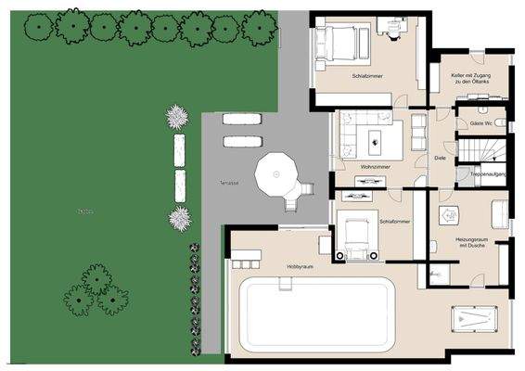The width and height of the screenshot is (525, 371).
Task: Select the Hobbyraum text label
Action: click(x=300, y=265)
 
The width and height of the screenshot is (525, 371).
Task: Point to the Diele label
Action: click(x=440, y=159)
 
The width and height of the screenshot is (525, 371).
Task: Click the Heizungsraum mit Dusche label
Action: click(x=472, y=243)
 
